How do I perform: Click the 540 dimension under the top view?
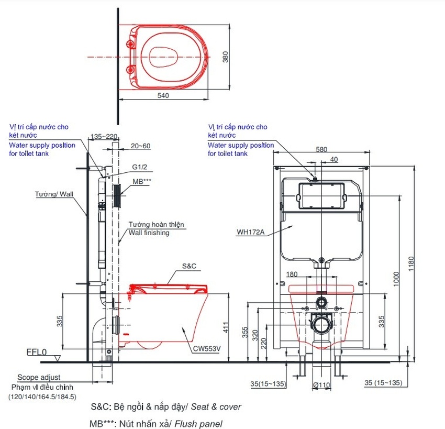[x=163, y=95]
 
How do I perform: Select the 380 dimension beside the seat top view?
[x=225, y=57]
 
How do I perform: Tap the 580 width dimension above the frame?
[x=321, y=149]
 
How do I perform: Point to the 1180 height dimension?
[x=411, y=264]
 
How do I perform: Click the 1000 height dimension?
[x=396, y=279]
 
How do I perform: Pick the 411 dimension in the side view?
[x=226, y=327]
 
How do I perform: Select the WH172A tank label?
[x=250, y=232]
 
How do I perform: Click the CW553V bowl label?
[x=207, y=349]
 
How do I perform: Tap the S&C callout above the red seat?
[x=189, y=266]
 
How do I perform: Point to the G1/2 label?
[x=140, y=167]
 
